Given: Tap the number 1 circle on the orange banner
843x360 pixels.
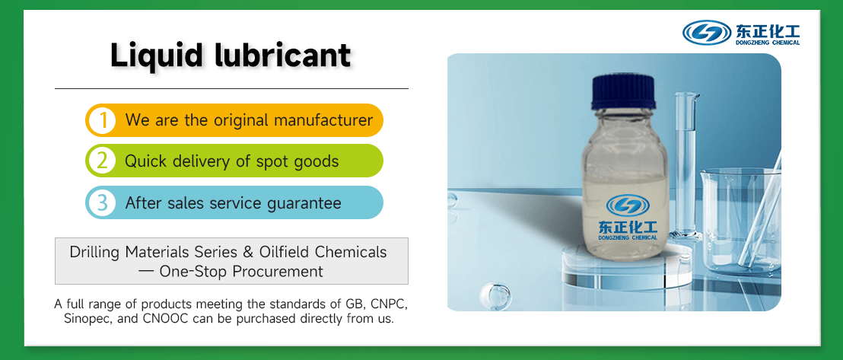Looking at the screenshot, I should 102,120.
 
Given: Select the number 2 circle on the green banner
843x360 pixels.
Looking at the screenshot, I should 102,161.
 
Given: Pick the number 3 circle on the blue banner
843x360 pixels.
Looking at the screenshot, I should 102,203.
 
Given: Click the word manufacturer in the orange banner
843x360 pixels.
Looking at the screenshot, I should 323,120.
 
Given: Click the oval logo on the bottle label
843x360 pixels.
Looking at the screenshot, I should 628,205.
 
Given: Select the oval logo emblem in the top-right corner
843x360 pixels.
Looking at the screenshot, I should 707,32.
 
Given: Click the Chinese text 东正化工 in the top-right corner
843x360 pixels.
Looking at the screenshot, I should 767,30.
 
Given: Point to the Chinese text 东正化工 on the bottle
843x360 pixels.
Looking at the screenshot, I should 628,227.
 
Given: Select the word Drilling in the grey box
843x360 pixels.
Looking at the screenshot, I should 96,252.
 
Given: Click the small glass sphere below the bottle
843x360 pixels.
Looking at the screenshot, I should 499,292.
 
